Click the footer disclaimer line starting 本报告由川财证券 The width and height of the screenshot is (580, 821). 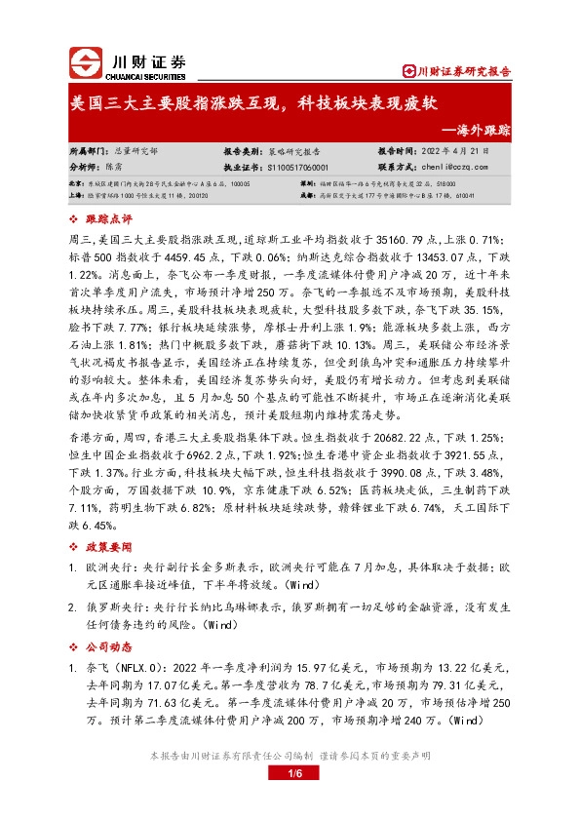pyautogui.click(x=290, y=756)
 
